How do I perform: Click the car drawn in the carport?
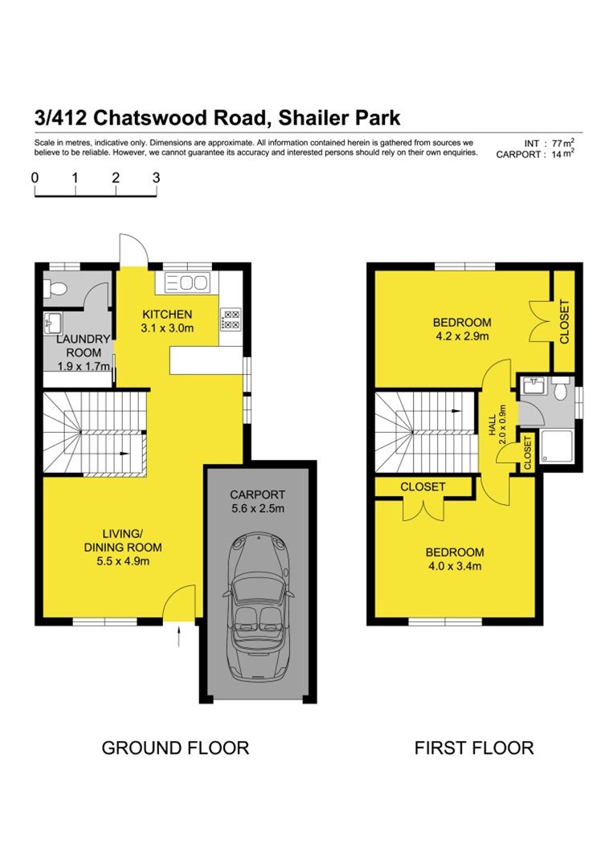point(258,607)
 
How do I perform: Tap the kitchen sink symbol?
point(187,283)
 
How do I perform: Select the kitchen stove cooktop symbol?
point(231,319)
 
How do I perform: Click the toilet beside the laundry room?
point(55,287)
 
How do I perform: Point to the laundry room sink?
point(53,322)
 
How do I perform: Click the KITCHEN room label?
point(167,314)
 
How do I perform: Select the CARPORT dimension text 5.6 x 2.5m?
point(258,508)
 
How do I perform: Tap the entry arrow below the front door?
point(179,636)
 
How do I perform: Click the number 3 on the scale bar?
point(157,177)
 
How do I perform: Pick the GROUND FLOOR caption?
point(175,747)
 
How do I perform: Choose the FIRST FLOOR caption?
point(474,747)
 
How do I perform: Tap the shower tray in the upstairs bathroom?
point(555,446)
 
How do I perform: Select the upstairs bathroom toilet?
point(562,388)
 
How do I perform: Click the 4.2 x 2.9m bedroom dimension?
point(462,336)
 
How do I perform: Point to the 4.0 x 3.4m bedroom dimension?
point(455,566)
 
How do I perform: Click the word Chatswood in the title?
point(180,118)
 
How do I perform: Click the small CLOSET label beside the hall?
point(527,453)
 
